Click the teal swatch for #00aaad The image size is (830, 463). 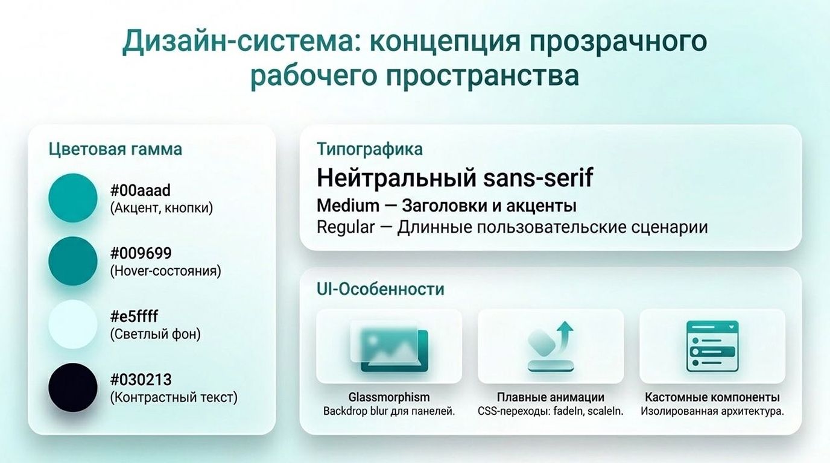(73, 198)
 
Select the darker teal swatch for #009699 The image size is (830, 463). (73, 261)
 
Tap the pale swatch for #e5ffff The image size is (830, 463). (73, 324)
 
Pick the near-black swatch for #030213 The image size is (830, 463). (73, 388)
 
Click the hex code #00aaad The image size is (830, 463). (141, 191)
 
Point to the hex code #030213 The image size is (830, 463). (141, 380)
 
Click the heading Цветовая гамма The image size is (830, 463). (115, 150)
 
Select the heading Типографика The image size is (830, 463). (369, 150)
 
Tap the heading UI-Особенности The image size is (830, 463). (380, 289)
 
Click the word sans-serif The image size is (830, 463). (537, 178)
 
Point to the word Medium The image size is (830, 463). (348, 206)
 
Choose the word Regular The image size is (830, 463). (346, 227)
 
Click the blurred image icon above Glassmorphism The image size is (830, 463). (389, 346)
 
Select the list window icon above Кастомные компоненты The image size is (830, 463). (712, 346)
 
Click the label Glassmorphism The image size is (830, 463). (389, 397)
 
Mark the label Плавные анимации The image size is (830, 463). (551, 397)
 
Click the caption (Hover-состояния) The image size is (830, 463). (166, 271)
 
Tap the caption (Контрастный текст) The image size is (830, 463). (174, 397)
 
